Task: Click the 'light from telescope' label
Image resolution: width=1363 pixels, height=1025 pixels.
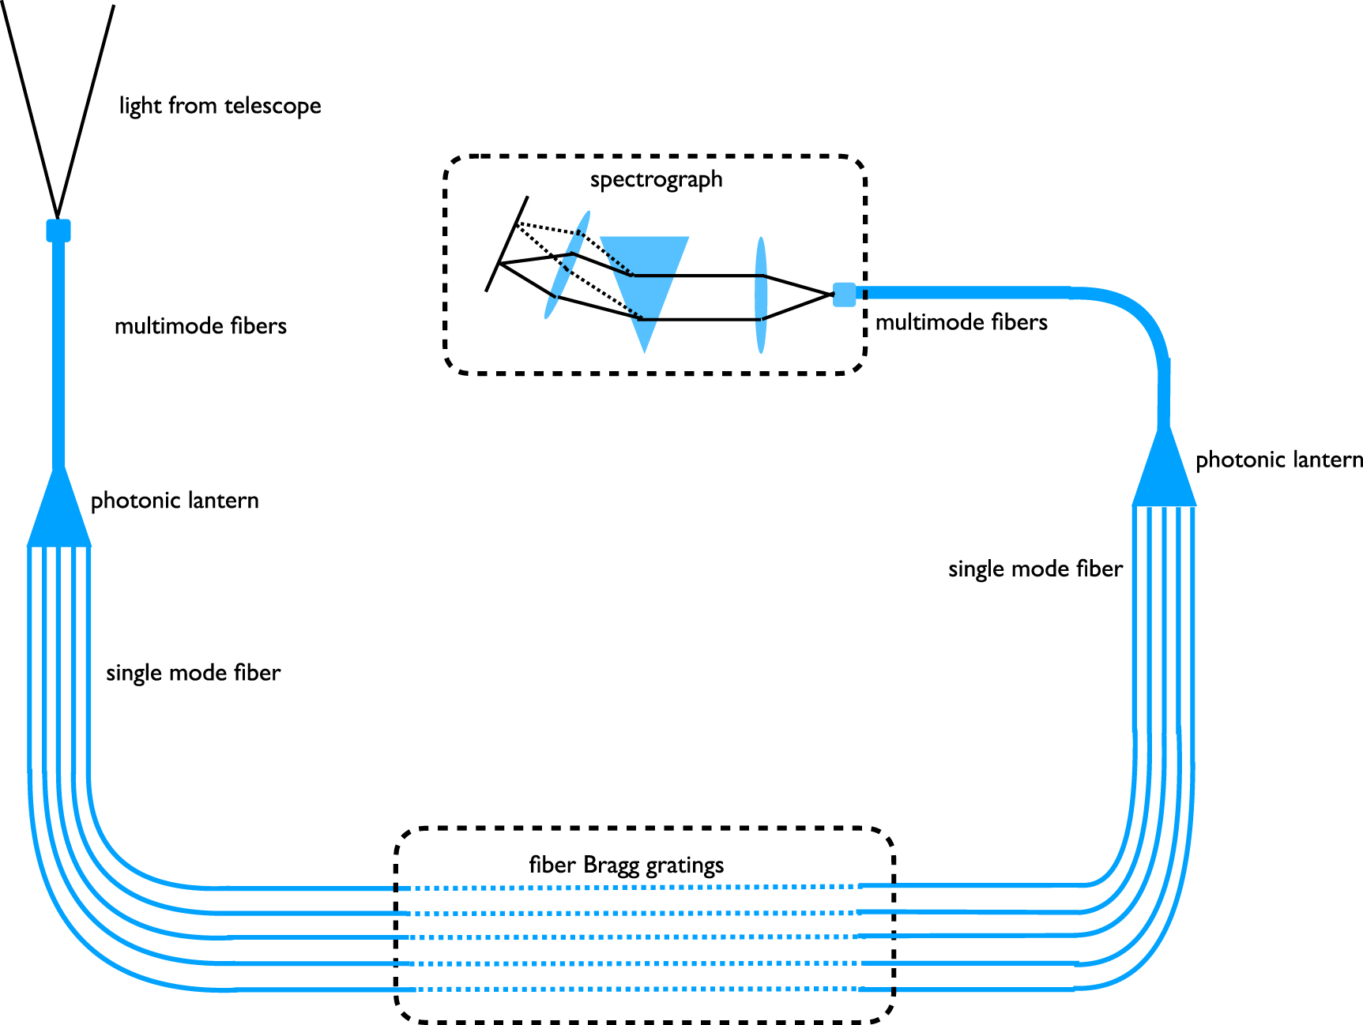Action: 220,106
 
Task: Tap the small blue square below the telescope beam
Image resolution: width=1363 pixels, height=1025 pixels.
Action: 58,231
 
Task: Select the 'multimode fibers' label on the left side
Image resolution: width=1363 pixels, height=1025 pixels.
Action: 200,326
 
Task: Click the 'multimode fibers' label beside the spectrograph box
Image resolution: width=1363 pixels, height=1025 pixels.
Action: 961,322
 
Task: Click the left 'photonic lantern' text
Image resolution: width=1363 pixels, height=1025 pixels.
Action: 175,501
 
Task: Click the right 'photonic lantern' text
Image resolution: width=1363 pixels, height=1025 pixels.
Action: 1278,460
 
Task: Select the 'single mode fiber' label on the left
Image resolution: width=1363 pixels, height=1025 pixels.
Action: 193,673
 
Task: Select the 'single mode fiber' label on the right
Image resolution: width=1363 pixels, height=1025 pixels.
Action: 1035,569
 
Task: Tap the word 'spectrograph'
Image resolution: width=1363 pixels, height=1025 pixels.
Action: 656,179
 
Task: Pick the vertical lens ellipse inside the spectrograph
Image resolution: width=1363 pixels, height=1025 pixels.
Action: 761,295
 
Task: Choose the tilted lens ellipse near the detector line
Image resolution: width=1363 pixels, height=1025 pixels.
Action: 567,265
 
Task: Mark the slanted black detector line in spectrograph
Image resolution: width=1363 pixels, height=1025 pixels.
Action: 506,244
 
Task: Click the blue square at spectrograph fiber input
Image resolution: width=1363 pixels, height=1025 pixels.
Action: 844,295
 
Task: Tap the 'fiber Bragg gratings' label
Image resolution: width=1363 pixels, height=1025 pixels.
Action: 626,865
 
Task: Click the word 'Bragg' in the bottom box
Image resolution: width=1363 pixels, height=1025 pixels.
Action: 612,865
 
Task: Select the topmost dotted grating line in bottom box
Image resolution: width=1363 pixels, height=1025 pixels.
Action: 632,888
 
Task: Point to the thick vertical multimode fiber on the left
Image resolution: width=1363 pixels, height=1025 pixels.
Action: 58,355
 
